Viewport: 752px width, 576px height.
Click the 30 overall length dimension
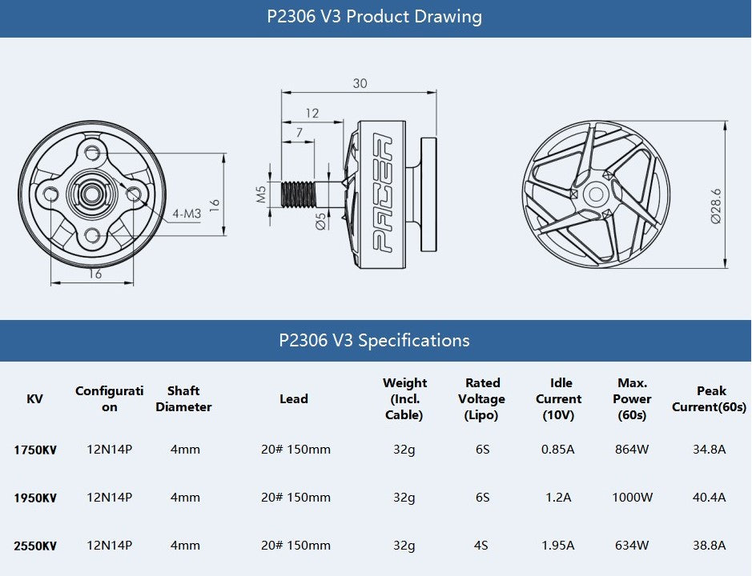pyautogui.click(x=360, y=83)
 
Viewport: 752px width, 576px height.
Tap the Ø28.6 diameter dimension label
pyautogui.click(x=715, y=206)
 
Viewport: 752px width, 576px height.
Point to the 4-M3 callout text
pyautogui.click(x=187, y=214)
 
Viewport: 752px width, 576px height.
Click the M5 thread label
pyautogui.click(x=261, y=194)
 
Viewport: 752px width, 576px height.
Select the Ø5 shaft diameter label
pyautogui.click(x=320, y=221)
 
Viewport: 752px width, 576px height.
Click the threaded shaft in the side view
pyautogui.click(x=298, y=194)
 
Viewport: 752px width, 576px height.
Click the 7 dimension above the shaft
pyautogui.click(x=300, y=132)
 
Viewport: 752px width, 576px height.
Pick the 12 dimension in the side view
pyautogui.click(x=312, y=113)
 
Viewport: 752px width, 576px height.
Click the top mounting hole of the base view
pyautogui.click(x=92, y=154)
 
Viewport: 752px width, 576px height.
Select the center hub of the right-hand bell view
pyautogui.click(x=596, y=194)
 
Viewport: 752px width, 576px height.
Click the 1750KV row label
pyautogui.click(x=35, y=450)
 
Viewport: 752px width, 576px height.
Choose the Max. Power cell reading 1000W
pyautogui.click(x=632, y=498)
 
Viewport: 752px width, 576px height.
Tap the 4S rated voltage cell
pyautogui.click(x=481, y=546)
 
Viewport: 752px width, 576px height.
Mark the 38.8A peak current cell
pyautogui.click(x=709, y=546)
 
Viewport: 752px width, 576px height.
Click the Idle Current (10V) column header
pyautogui.click(x=559, y=398)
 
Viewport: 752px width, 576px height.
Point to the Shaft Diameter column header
pyautogui.click(x=183, y=398)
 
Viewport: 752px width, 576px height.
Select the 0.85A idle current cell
pyautogui.click(x=557, y=450)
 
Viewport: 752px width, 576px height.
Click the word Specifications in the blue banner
pyautogui.click(x=414, y=340)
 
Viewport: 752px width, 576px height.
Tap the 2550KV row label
pyautogui.click(x=35, y=546)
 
